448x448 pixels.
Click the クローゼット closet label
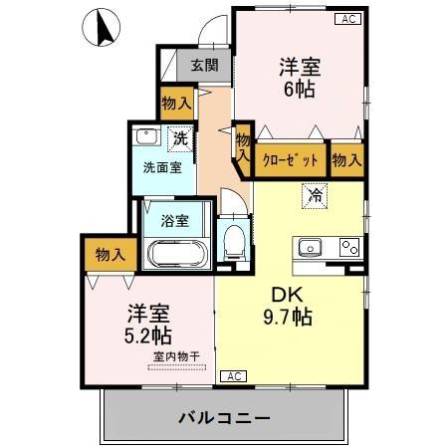pos(292,159)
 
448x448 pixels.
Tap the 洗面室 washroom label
pos(161,166)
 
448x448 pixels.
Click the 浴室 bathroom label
pos(176,220)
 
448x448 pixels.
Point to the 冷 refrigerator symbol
pos(315,195)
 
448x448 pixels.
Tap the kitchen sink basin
pos(307,247)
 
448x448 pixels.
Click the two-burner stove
pos(348,247)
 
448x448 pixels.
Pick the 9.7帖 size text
pos(289,319)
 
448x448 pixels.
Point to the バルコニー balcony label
pos(225,417)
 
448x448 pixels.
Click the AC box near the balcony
pos(232,376)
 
